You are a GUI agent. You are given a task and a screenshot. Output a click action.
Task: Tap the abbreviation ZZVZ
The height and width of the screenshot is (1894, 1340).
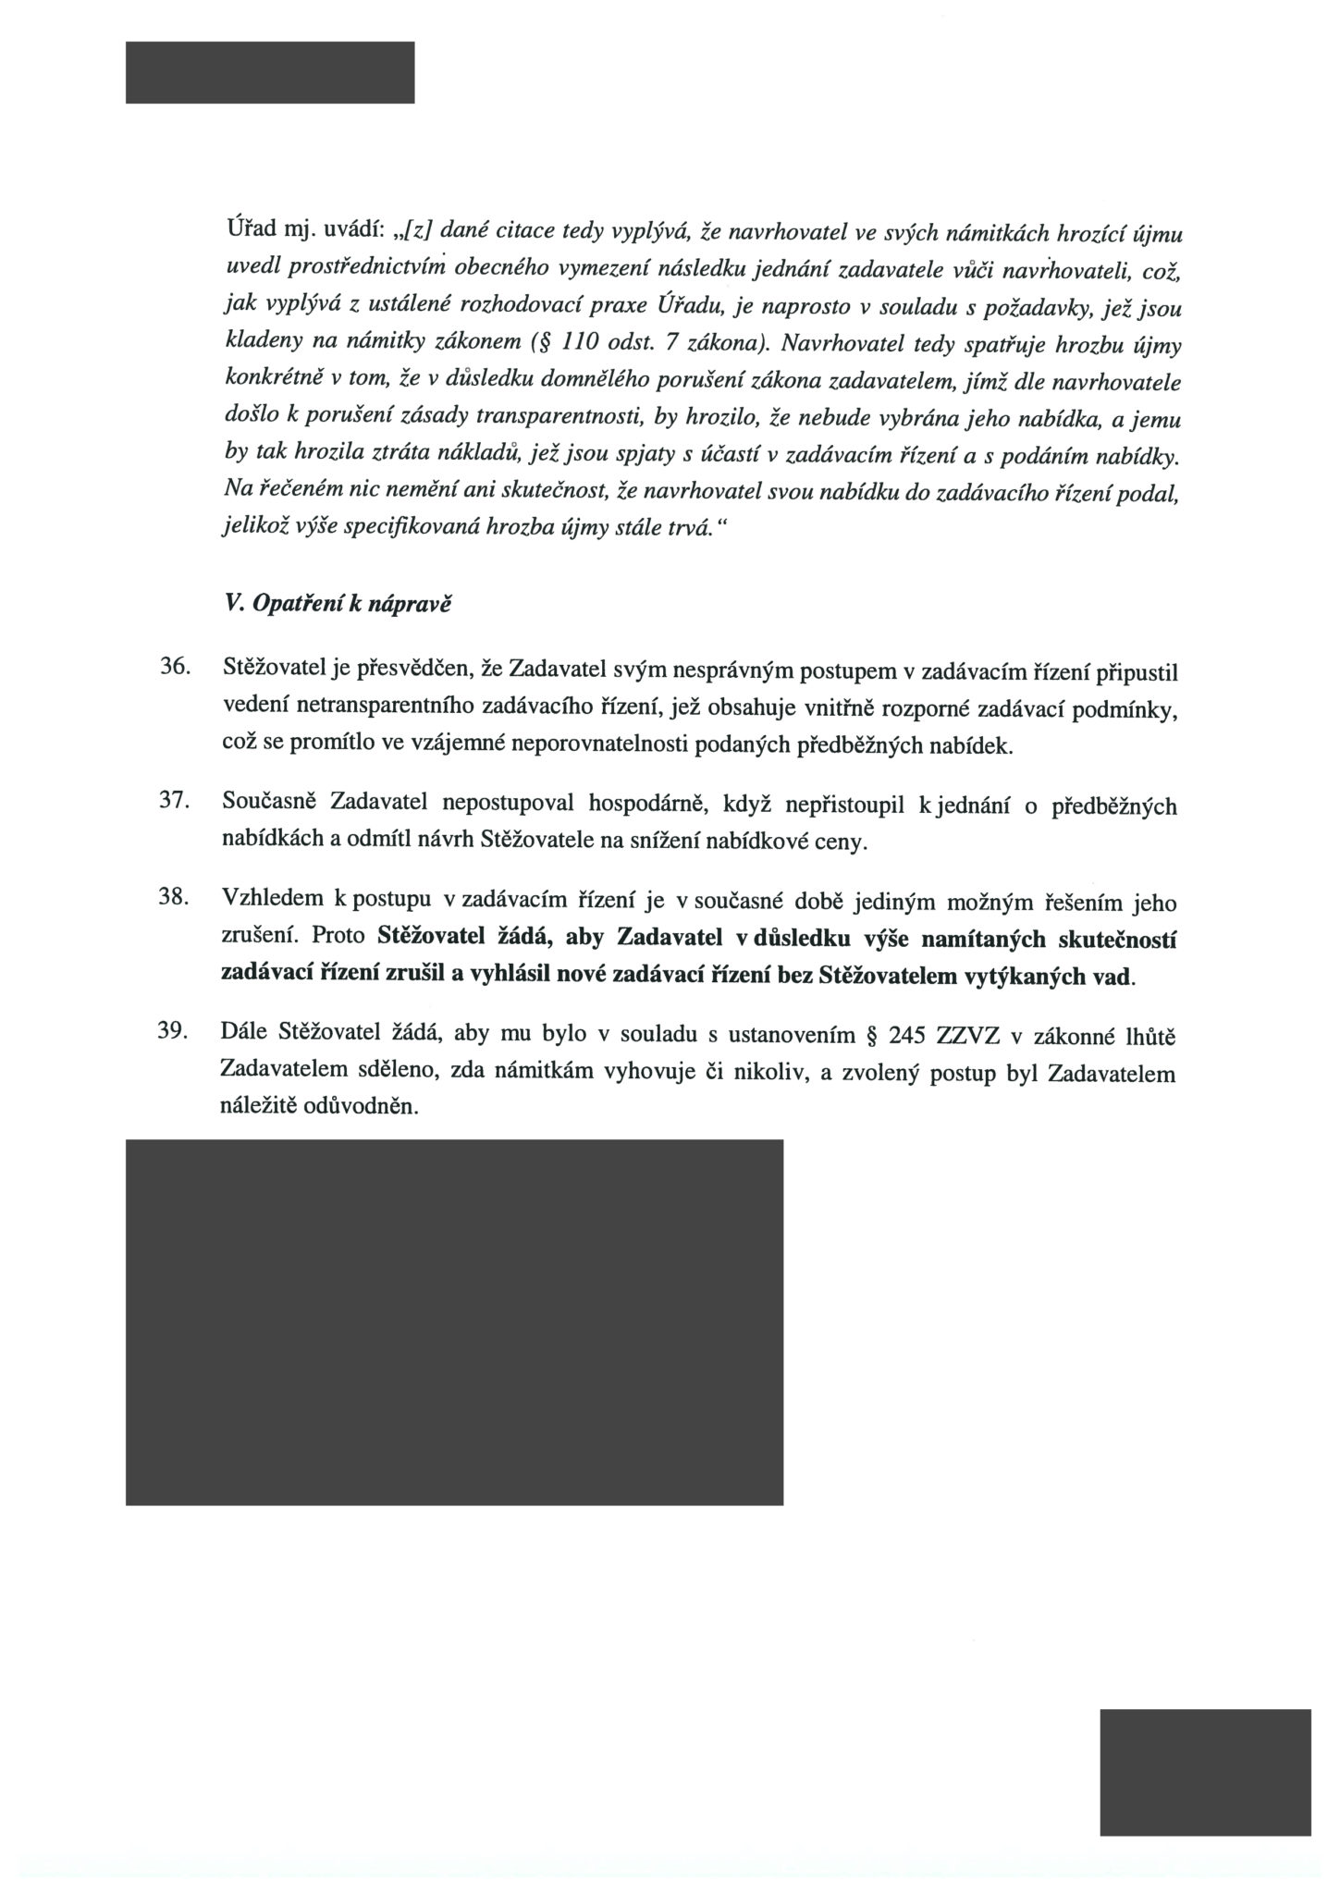click(969, 1035)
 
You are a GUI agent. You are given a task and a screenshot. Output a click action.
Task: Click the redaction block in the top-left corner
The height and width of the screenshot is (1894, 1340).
click(270, 72)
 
